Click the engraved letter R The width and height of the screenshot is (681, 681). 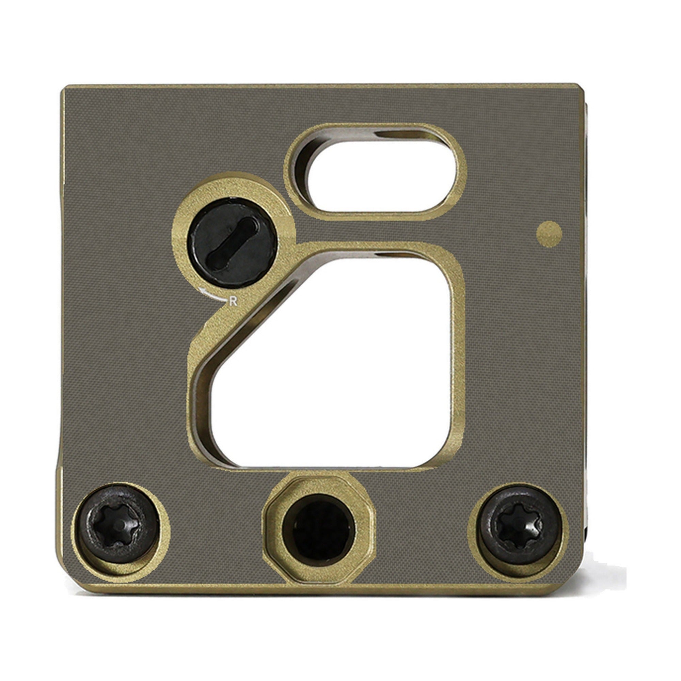tap(233, 301)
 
